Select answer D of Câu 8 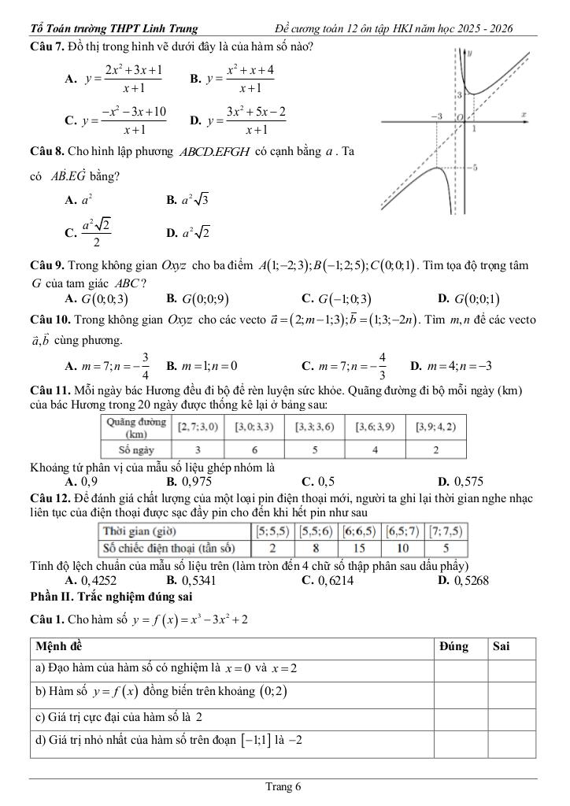(x=188, y=232)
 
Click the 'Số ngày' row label (x=135, y=450)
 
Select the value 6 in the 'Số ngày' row (x=254, y=450)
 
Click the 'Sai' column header (x=501, y=646)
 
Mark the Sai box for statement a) (x=511, y=669)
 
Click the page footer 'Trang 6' (x=283, y=786)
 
